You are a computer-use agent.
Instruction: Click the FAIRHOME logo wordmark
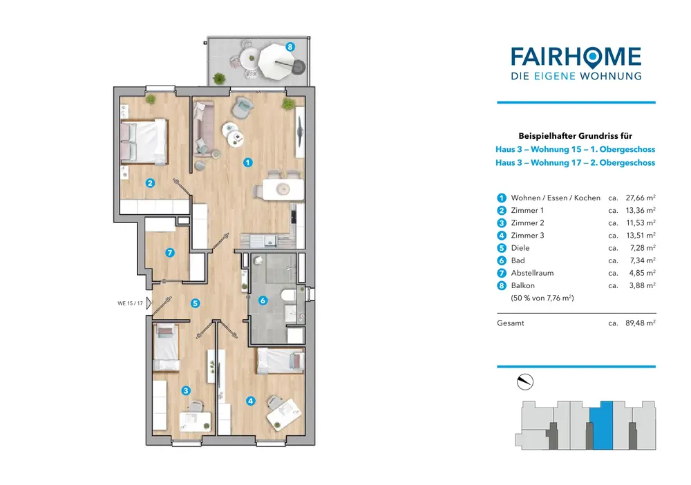pyautogui.click(x=576, y=57)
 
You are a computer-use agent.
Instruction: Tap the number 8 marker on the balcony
pyautogui.click(x=290, y=47)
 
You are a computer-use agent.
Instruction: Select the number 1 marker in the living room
pyautogui.click(x=248, y=163)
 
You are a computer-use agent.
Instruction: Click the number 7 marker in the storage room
pyautogui.click(x=171, y=253)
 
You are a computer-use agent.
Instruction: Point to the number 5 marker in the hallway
pyautogui.click(x=196, y=303)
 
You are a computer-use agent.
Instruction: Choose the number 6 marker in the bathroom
pyautogui.click(x=262, y=301)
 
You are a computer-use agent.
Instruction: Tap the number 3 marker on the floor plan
pyautogui.click(x=185, y=390)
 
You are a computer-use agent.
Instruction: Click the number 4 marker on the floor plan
pyautogui.click(x=250, y=400)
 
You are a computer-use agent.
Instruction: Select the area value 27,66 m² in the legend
pyautogui.click(x=640, y=198)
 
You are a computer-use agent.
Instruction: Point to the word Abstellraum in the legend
pyautogui.click(x=532, y=273)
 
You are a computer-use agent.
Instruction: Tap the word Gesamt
pyautogui.click(x=511, y=323)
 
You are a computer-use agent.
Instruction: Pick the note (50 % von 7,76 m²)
pyautogui.click(x=542, y=298)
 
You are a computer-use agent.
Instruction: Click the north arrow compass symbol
pyautogui.click(x=526, y=381)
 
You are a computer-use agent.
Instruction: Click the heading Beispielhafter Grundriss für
pyautogui.click(x=576, y=136)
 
